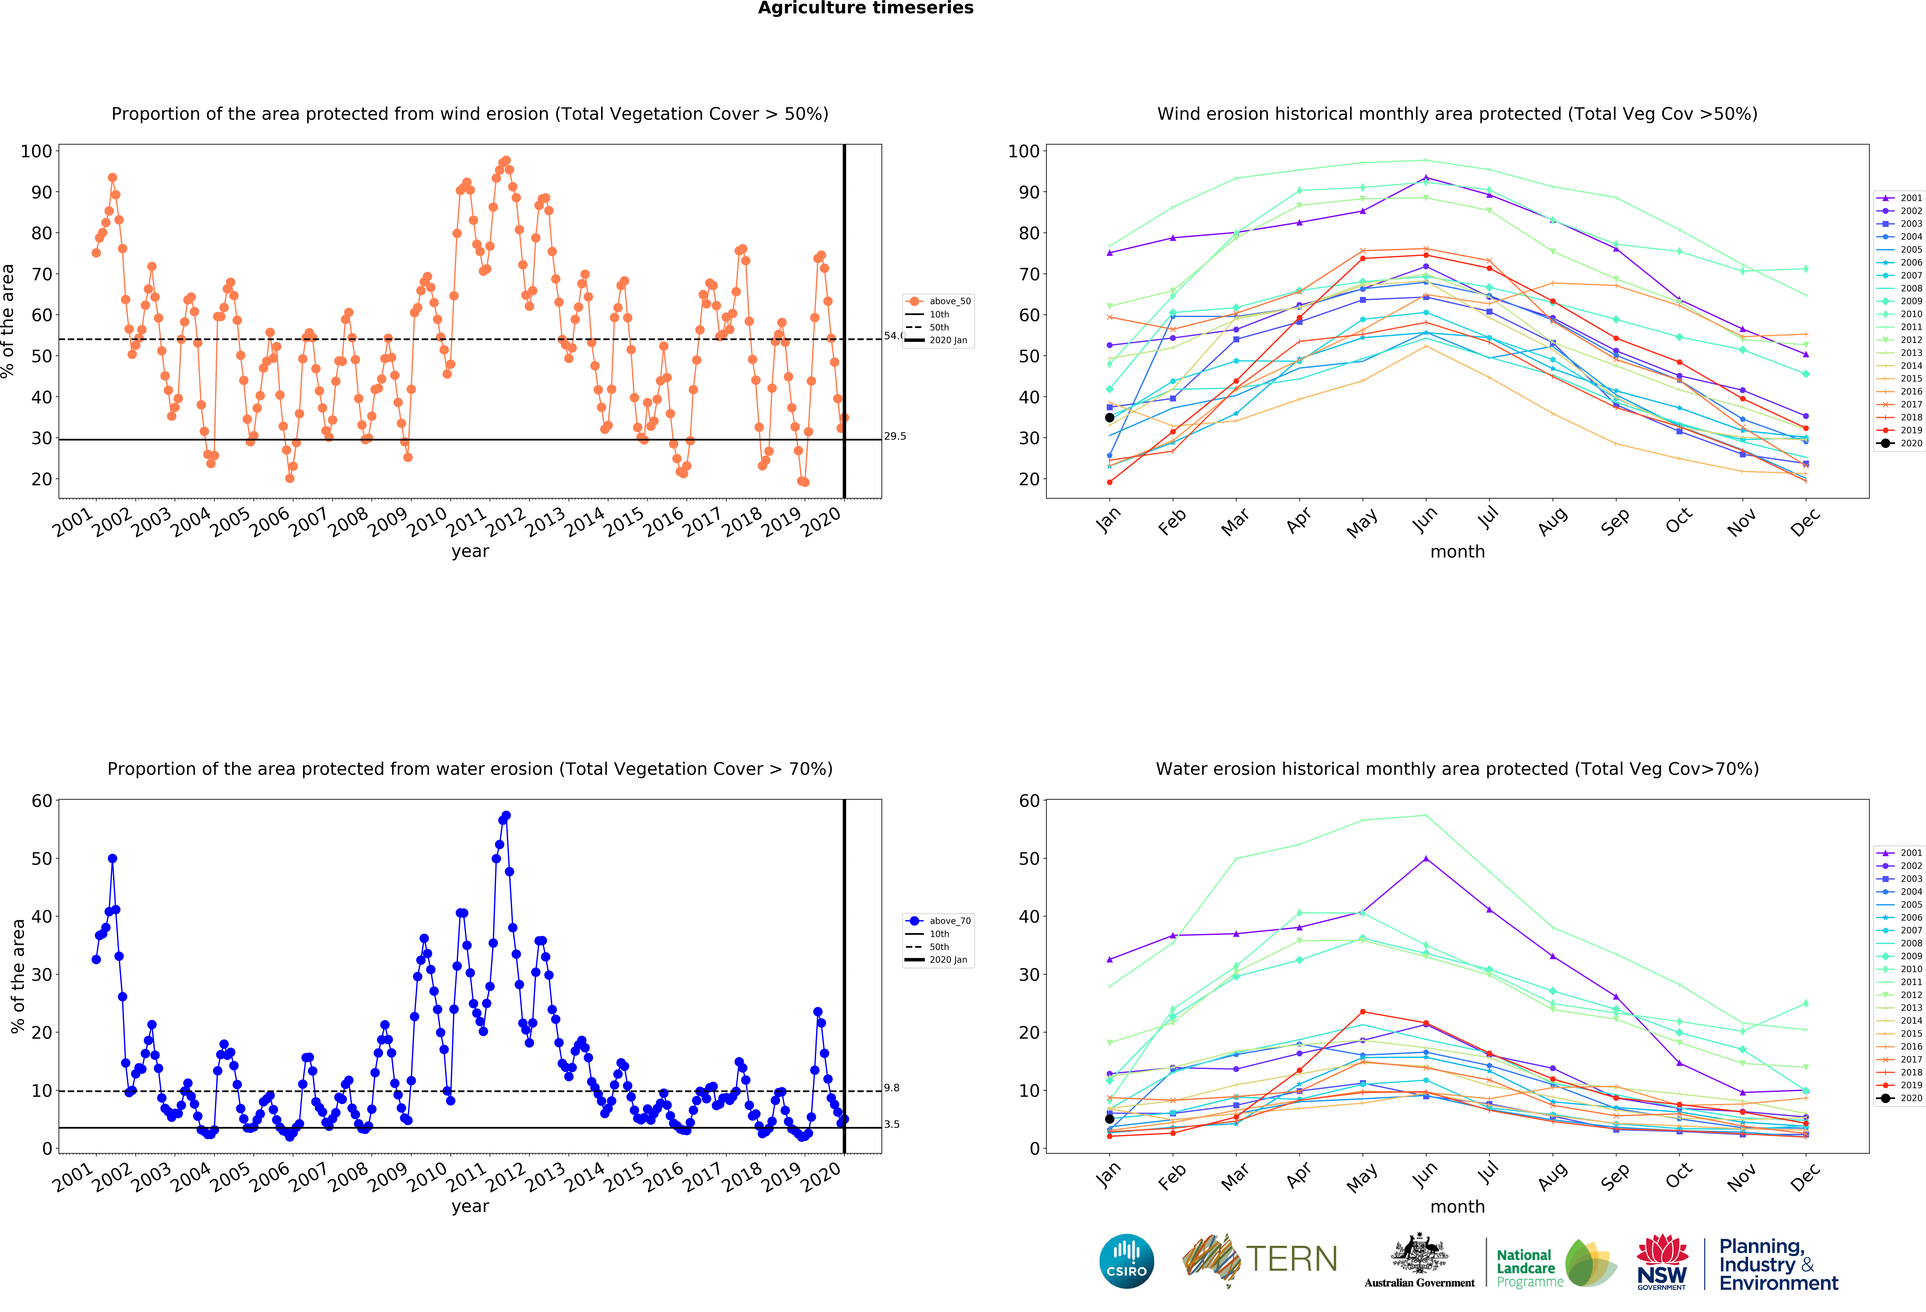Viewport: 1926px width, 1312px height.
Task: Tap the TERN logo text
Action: pos(1291,1259)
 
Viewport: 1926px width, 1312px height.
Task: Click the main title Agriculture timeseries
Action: pos(865,8)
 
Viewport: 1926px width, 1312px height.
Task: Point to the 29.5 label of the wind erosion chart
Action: pos(895,437)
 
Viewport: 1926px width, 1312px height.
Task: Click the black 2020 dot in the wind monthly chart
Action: pos(1110,417)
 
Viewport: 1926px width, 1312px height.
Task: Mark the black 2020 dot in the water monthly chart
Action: pos(1110,1119)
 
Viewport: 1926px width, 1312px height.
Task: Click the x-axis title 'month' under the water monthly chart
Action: pos(1457,1207)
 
